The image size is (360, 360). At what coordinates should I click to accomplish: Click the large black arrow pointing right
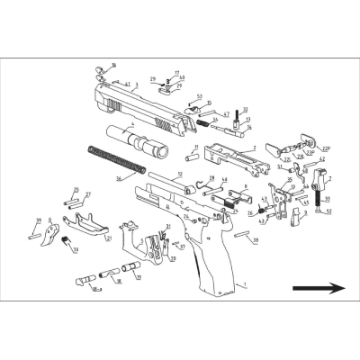coord(319,289)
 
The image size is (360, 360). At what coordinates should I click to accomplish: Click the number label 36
coord(119,179)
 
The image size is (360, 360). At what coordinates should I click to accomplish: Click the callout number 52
coord(329,211)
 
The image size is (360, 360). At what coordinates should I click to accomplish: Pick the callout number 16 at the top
coord(114,65)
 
